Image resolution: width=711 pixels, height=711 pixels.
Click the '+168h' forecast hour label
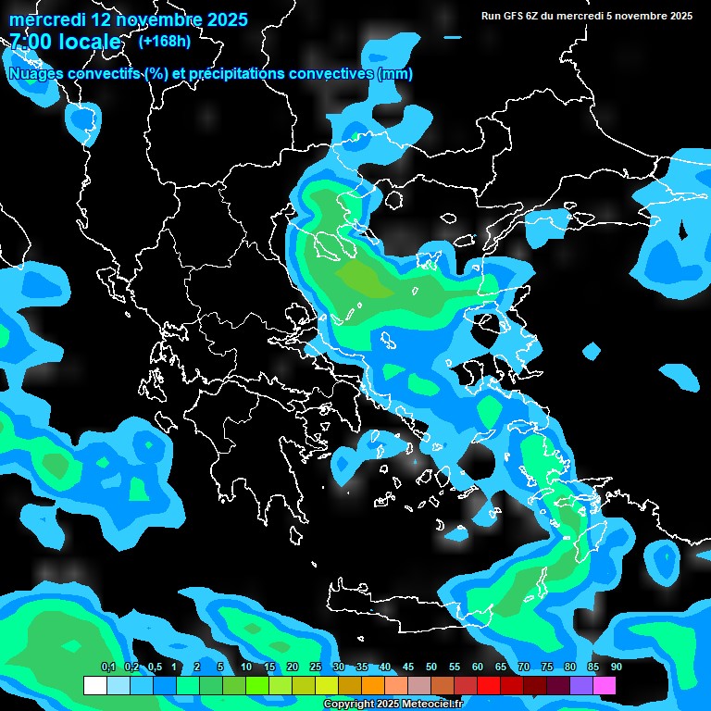[x=166, y=41]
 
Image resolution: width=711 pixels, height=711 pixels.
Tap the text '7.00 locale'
[x=65, y=42]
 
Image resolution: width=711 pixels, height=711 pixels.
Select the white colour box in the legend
[x=95, y=685]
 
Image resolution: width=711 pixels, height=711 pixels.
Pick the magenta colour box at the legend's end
[x=605, y=685]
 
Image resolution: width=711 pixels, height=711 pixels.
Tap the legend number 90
[x=617, y=667]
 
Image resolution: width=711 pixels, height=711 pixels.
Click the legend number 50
[x=431, y=667]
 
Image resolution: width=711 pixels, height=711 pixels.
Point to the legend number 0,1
[x=107, y=667]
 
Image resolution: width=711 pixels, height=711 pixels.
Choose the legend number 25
[x=316, y=667]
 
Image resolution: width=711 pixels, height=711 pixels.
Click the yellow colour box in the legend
[x=327, y=685]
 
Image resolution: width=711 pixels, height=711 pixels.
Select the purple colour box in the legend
[x=581, y=685]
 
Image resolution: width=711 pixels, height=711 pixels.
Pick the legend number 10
[x=246, y=667]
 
